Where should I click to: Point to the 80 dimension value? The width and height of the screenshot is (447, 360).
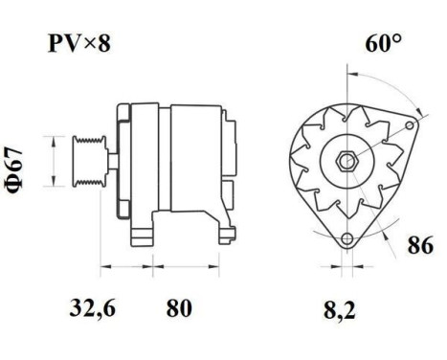click(178, 309)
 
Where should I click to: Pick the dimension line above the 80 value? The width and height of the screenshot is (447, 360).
click(178, 263)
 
